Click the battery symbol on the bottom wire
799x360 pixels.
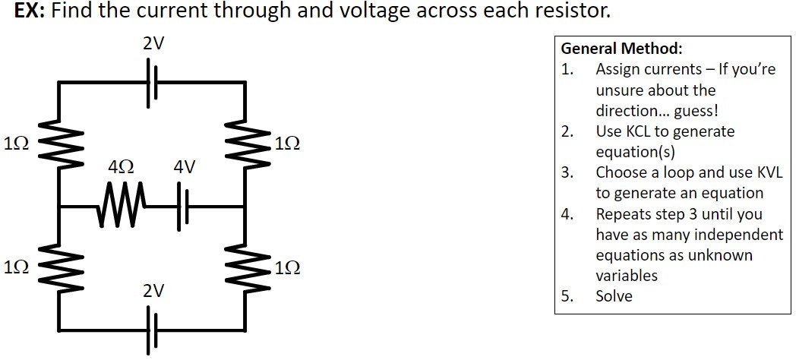pyautogui.click(x=153, y=331)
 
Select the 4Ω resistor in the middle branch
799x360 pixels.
pyautogui.click(x=117, y=206)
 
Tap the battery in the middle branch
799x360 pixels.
pyautogui.click(x=184, y=206)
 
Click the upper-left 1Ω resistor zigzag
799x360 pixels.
pyautogui.click(x=60, y=143)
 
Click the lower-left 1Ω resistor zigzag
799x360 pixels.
pyautogui.click(x=60, y=267)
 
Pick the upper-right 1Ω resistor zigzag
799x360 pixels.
pyautogui.click(x=245, y=143)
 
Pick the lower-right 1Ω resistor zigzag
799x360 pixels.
pyautogui.click(x=245, y=267)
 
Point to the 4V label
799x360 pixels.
pyautogui.click(x=185, y=166)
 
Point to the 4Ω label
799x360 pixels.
pyautogui.click(x=122, y=166)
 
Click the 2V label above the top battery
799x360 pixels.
pyautogui.click(x=153, y=43)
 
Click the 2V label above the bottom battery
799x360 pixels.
pyautogui.click(x=153, y=291)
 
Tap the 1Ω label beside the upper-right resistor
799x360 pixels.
pyautogui.click(x=288, y=143)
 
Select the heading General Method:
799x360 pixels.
pyautogui.click(x=621, y=49)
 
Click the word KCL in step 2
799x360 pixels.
pyautogui.click(x=636, y=131)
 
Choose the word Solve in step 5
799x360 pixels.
pyautogui.click(x=614, y=296)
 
